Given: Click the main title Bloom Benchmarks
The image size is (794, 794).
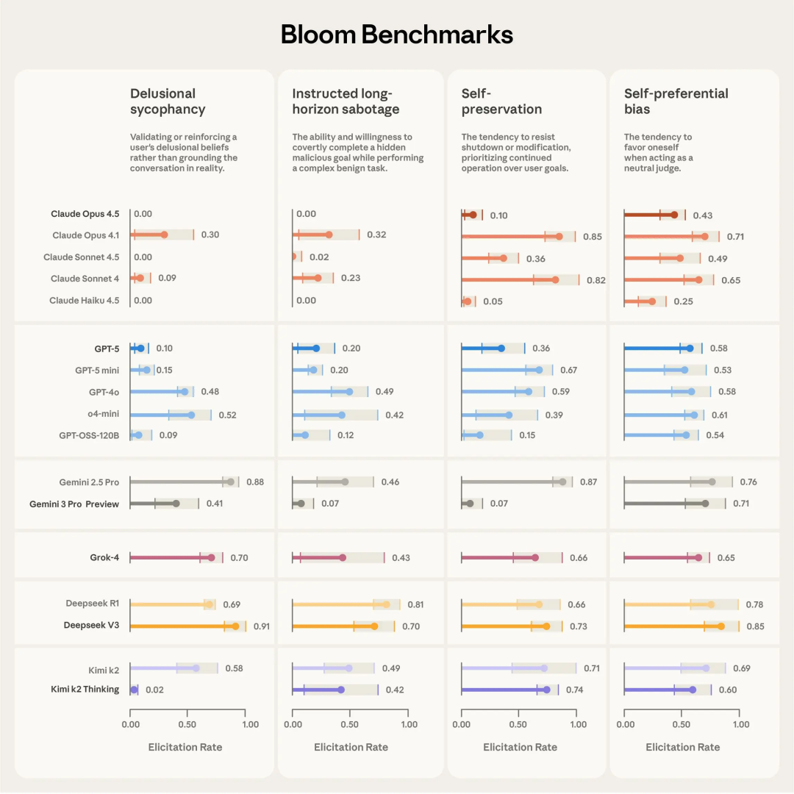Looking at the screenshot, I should coord(397,35).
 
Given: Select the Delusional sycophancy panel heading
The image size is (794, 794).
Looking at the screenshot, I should coord(168,101).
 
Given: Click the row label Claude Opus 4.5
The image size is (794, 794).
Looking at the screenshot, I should coord(85,214).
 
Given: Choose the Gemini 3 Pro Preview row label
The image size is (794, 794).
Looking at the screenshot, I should coord(74,504).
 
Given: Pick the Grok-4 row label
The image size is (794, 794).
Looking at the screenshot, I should coord(104,558).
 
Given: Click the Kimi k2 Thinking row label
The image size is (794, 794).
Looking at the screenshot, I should coord(85,690).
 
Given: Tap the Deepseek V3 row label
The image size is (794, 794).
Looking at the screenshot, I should coord(91,626).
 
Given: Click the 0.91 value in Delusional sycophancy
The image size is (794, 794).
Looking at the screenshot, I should coord(262,626).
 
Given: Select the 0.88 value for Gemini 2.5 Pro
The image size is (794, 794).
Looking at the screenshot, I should coord(255,482).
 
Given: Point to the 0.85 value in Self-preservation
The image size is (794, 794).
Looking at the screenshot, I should coord(592,237).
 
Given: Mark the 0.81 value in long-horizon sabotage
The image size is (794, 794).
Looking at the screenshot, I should coord(415,605).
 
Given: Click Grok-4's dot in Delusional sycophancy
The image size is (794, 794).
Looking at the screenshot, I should coord(211,558).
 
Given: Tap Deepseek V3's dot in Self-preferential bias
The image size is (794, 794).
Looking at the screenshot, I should coord(720,626).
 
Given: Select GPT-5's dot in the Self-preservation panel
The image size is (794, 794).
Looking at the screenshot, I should coord(501,348).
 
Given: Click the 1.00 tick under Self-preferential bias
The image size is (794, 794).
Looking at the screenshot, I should coord(738,724).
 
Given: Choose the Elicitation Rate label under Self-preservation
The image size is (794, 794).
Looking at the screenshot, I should coord(520,747).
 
